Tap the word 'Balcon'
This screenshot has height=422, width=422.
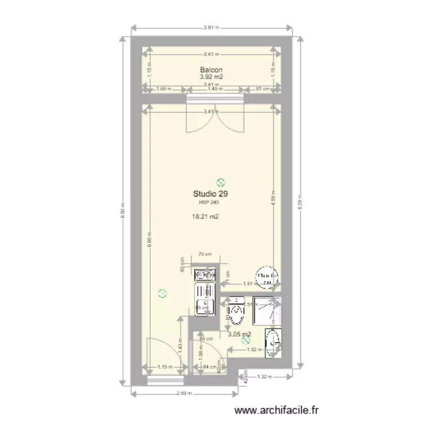[x=210, y=70]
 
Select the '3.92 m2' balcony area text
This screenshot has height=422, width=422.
[x=210, y=77]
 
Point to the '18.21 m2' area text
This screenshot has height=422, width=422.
[x=205, y=216]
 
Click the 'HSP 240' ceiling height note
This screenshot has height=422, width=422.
[x=209, y=202]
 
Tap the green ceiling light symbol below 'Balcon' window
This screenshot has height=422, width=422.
[x=221, y=182]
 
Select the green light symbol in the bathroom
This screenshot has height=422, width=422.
[x=245, y=340]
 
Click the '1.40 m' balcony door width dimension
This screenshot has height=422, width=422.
[x=215, y=89]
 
